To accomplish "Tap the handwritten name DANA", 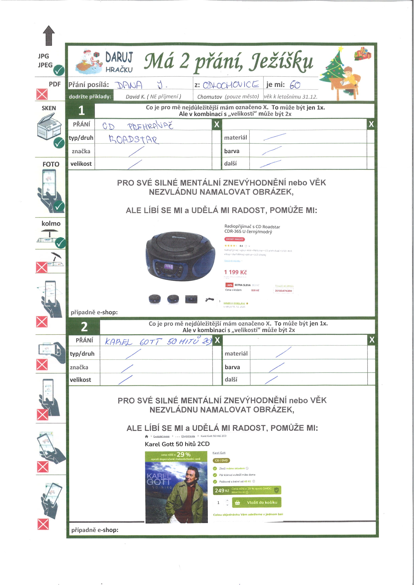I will (129, 85).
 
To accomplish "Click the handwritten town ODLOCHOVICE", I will (231, 84).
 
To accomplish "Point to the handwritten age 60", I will (295, 85).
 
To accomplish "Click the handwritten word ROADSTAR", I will (133, 139).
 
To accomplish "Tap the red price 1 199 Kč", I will (235, 272).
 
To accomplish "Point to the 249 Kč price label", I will (222, 490).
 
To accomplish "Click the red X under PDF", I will (42, 94).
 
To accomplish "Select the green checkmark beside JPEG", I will (59, 70).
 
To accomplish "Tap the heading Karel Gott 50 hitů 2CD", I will (177, 444).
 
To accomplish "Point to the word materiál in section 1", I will (235, 138).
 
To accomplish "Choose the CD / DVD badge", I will (221, 460).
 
